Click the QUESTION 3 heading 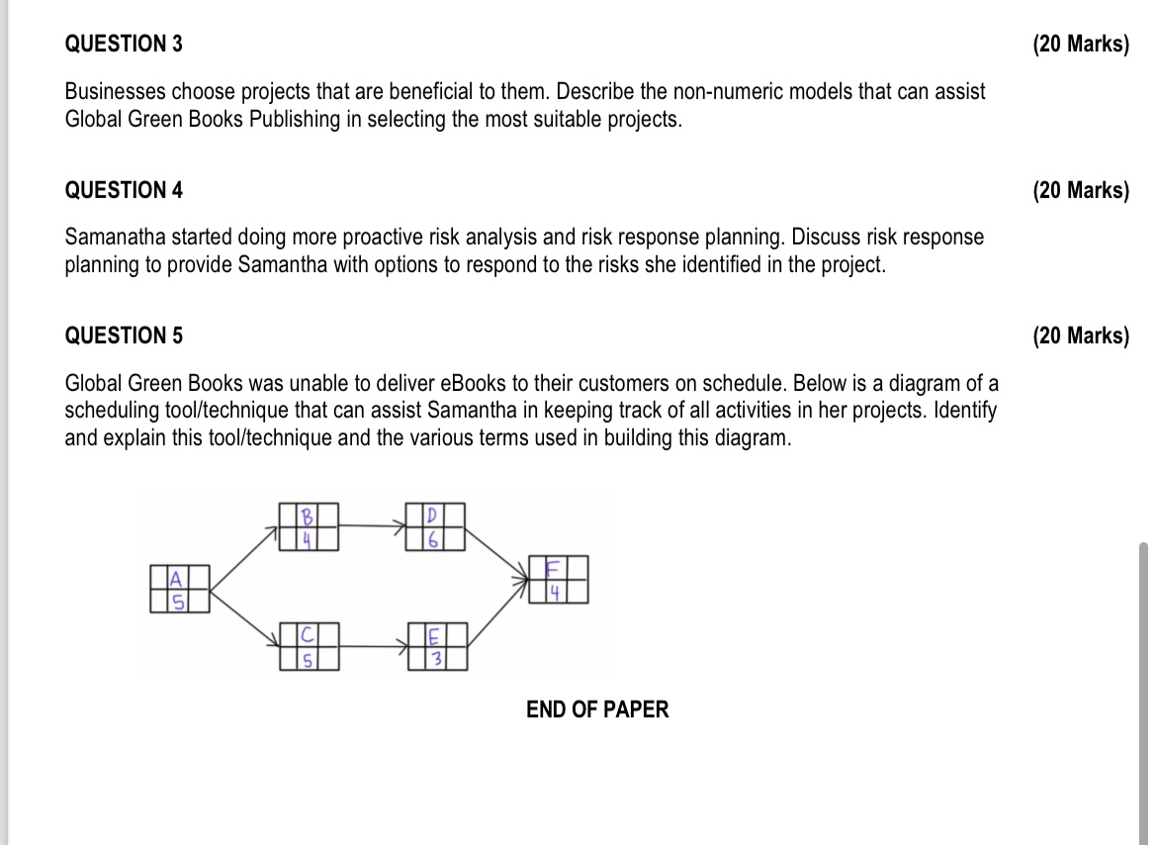[x=124, y=45]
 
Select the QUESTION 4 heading [x=124, y=190]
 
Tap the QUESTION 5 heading [x=124, y=335]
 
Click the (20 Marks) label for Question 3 [x=1080, y=45]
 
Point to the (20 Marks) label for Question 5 [x=1080, y=335]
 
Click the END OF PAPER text [x=597, y=709]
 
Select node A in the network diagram [x=180, y=589]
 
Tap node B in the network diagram [x=309, y=526]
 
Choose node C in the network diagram [x=309, y=646]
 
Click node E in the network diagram [x=435, y=646]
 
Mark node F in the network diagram [x=559, y=580]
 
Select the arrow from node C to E [x=372, y=646]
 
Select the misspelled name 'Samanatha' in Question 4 [x=111, y=237]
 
